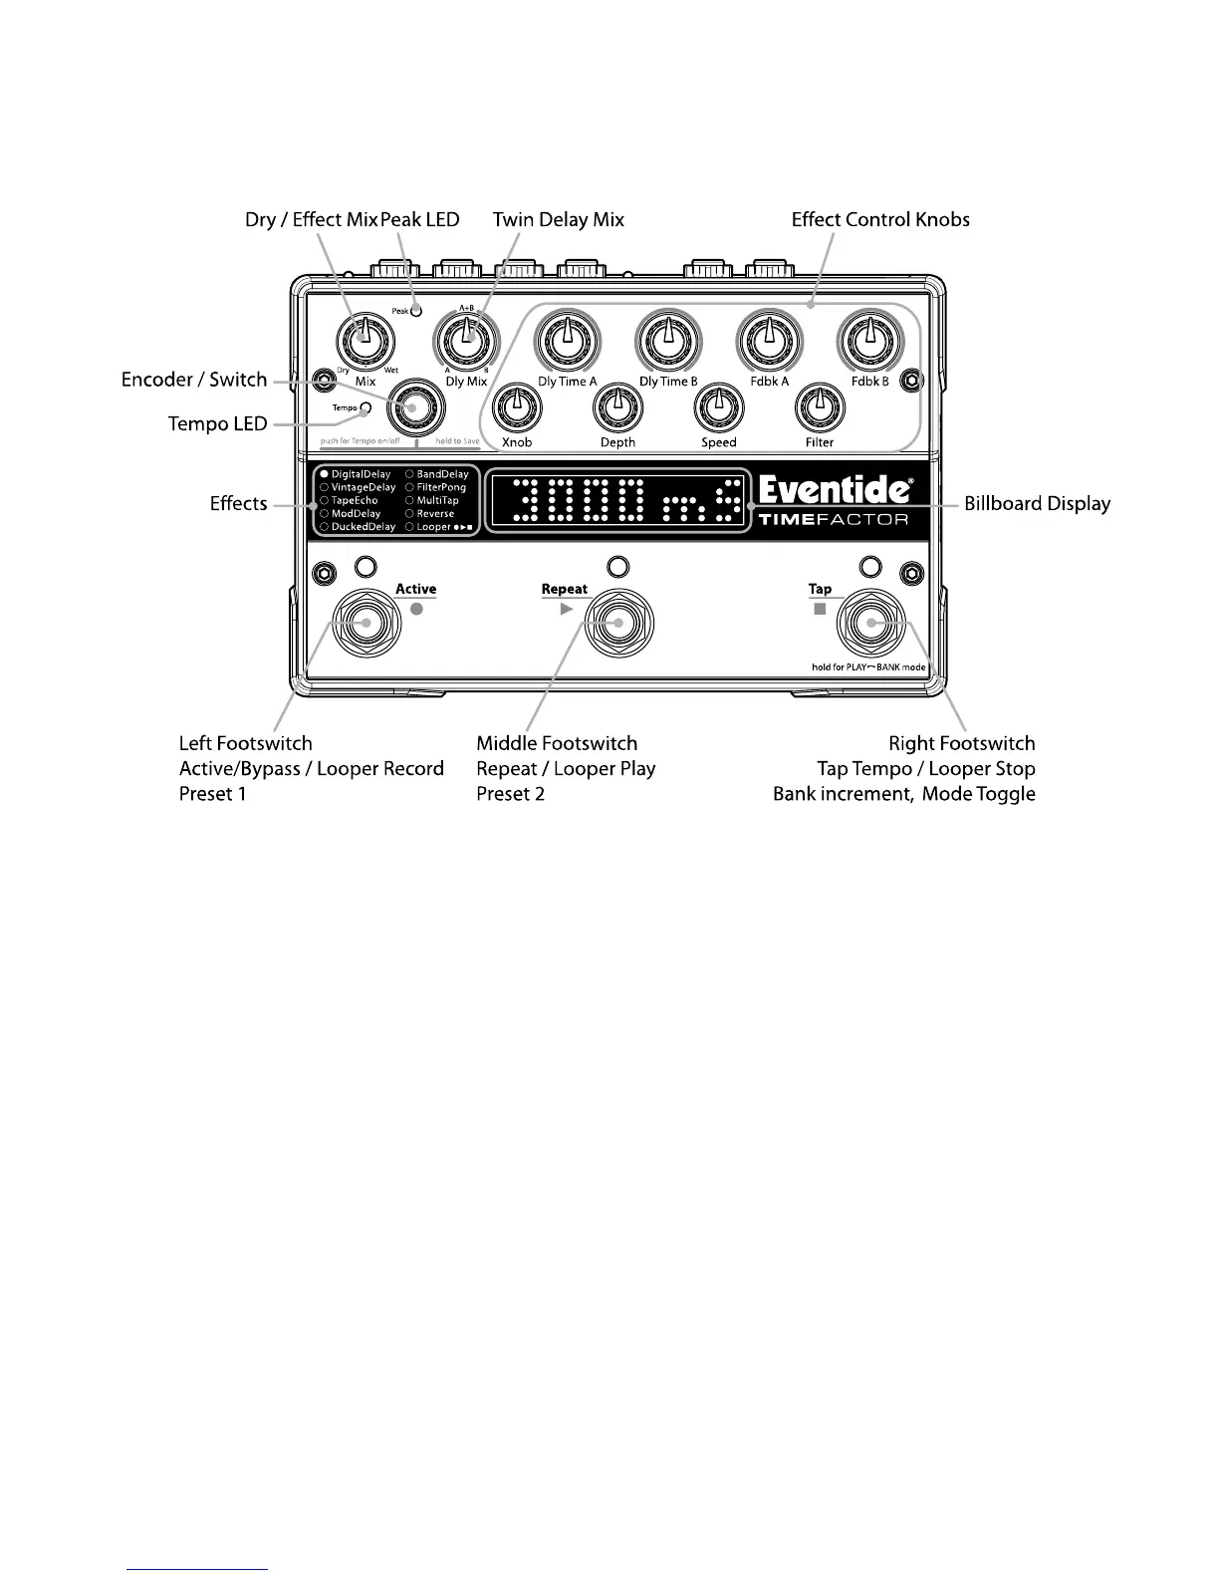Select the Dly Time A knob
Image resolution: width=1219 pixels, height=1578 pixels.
coord(567,340)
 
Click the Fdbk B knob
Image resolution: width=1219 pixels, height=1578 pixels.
coord(869,339)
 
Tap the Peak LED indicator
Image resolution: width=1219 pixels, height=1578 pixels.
coord(416,310)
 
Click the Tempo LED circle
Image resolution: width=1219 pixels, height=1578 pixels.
coord(366,407)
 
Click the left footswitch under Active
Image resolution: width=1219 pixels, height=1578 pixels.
coord(366,624)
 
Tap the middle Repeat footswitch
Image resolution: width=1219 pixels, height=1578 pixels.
coord(617,624)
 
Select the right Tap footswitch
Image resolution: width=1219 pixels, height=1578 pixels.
coord(869,624)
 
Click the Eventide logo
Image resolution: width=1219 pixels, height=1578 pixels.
coord(835,490)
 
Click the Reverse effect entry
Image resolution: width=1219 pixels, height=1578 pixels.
coord(434,513)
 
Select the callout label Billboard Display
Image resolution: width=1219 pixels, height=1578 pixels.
coord(1037,503)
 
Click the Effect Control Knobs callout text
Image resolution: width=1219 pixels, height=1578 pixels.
coord(880,219)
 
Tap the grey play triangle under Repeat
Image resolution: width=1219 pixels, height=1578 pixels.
coord(567,609)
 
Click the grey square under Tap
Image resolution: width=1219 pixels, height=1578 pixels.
coord(820,609)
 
